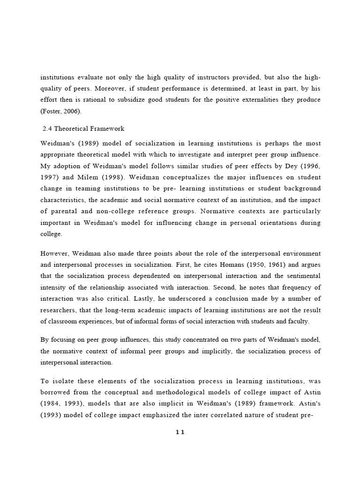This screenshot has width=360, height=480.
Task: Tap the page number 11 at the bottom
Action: [x=180, y=432]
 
